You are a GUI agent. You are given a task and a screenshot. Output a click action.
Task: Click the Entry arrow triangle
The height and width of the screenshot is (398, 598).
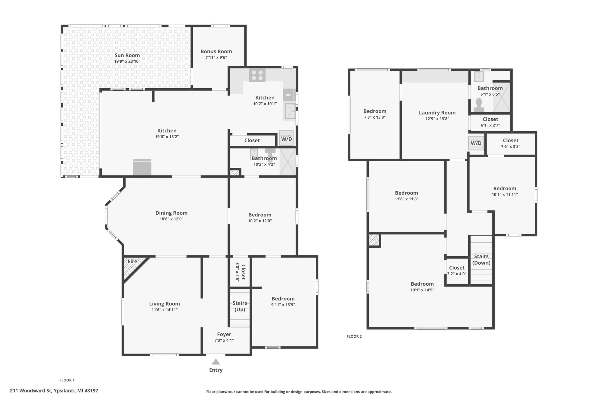click(x=216, y=362)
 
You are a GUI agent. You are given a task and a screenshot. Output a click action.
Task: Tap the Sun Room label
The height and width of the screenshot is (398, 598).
click(x=127, y=55)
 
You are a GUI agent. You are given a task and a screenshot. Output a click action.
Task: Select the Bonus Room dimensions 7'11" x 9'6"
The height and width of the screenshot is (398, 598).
click(x=216, y=57)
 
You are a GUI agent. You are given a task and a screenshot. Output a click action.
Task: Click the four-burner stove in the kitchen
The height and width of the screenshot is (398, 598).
click(x=257, y=75)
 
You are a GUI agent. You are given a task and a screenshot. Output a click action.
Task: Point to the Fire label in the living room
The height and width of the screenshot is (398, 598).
click(x=132, y=262)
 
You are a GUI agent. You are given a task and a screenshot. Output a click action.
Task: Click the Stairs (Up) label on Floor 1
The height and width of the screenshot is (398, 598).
click(x=240, y=306)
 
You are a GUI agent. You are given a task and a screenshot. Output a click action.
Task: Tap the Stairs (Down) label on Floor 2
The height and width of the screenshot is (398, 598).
click(x=481, y=260)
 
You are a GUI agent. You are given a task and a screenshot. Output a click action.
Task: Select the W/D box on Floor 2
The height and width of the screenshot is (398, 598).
click(x=476, y=143)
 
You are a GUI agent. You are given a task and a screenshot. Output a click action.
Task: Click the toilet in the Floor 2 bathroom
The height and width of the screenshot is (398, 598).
click(x=479, y=105)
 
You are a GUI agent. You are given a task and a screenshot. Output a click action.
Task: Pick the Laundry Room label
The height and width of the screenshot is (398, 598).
click(x=437, y=113)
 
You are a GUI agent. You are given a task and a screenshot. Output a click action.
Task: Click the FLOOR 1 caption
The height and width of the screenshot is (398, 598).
click(x=67, y=380)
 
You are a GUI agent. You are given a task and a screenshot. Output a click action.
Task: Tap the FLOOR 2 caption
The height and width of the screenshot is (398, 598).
click(x=354, y=336)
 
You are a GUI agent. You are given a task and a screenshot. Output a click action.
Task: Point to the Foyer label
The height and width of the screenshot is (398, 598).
click(x=224, y=334)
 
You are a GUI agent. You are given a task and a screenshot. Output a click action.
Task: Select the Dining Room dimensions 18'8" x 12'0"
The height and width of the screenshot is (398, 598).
click(x=171, y=219)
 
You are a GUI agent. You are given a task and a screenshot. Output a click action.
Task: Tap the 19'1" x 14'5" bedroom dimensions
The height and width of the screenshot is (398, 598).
click(x=422, y=290)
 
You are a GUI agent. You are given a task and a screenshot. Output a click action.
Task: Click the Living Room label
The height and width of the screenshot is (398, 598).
click(x=165, y=304)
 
